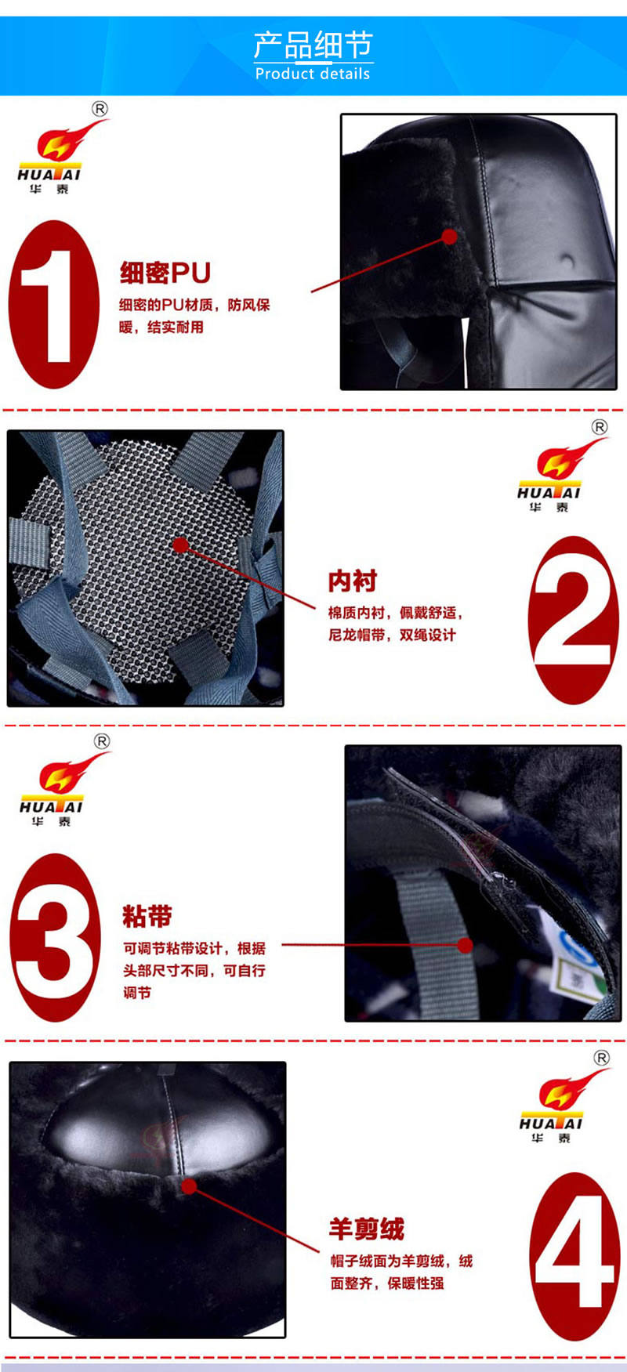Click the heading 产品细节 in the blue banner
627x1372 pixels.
point(313,45)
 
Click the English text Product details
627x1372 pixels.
point(313,74)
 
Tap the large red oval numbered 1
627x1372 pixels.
point(54,304)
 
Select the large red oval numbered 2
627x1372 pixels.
point(574,620)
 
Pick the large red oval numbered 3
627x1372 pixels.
point(55,937)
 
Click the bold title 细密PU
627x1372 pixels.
point(165,273)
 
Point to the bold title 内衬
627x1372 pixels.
point(353,581)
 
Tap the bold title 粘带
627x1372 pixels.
point(147,916)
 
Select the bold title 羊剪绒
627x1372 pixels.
point(367,1229)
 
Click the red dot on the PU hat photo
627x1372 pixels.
point(449,237)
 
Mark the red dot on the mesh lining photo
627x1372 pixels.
point(181,545)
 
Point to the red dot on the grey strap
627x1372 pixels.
point(465,945)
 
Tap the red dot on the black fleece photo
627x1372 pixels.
point(189,1186)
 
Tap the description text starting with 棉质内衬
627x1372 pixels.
point(395,624)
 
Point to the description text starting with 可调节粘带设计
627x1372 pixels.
point(194,970)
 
